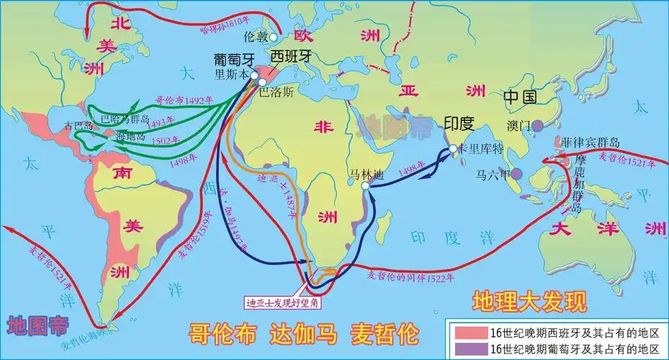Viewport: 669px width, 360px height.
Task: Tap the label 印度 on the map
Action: pyautogui.click(x=459, y=123)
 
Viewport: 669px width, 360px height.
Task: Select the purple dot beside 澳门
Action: pyautogui.click(x=537, y=125)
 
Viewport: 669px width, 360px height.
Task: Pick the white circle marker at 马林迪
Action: pyautogui.click(x=365, y=185)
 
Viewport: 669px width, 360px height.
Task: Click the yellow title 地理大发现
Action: pyautogui.click(x=530, y=300)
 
